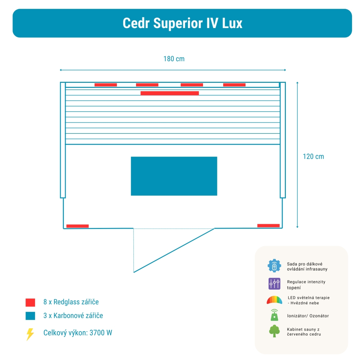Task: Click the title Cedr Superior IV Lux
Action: pos(182,23)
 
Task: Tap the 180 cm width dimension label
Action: pos(174,59)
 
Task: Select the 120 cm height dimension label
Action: pos(313,157)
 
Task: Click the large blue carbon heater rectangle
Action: pos(174,176)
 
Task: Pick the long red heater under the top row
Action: pos(170,93)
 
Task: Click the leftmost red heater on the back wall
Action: pos(105,85)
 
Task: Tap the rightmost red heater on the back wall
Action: pos(234,85)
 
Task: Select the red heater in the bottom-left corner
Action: pos(77,226)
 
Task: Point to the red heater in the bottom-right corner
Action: pos(268,226)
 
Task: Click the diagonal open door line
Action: pos(174,250)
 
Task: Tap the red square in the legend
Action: pos(30,302)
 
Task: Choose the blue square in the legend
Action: pos(30,316)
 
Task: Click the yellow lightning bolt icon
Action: pos(30,334)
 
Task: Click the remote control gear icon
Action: pos(274,266)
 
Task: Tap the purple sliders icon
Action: pos(274,284)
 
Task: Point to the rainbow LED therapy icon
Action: pos(274,300)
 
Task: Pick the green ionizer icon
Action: pos(274,315)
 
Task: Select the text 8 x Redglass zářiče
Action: pos(71,302)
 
